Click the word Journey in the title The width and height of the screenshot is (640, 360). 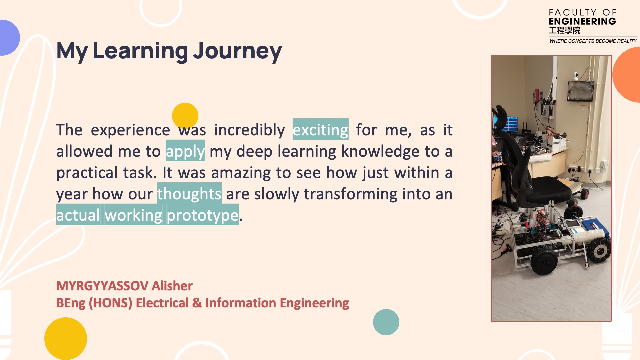click(x=237, y=51)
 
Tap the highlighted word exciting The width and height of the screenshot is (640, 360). click(x=320, y=130)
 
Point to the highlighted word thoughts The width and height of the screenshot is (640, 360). click(x=189, y=194)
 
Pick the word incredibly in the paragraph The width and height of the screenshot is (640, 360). click(x=249, y=130)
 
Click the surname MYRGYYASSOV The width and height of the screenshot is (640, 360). click(x=102, y=286)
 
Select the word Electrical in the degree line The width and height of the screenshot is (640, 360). click(x=162, y=303)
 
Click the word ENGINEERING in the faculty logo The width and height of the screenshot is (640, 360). click(x=582, y=21)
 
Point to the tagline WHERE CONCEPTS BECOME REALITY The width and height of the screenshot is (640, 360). click(x=593, y=41)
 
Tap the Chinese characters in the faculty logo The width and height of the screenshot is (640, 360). click(x=565, y=30)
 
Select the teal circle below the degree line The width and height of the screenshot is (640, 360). click(x=386, y=322)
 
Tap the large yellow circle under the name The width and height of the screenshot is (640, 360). click(x=66, y=339)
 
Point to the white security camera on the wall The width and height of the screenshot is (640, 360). click(x=576, y=76)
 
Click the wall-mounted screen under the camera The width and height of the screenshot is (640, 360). click(x=581, y=90)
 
